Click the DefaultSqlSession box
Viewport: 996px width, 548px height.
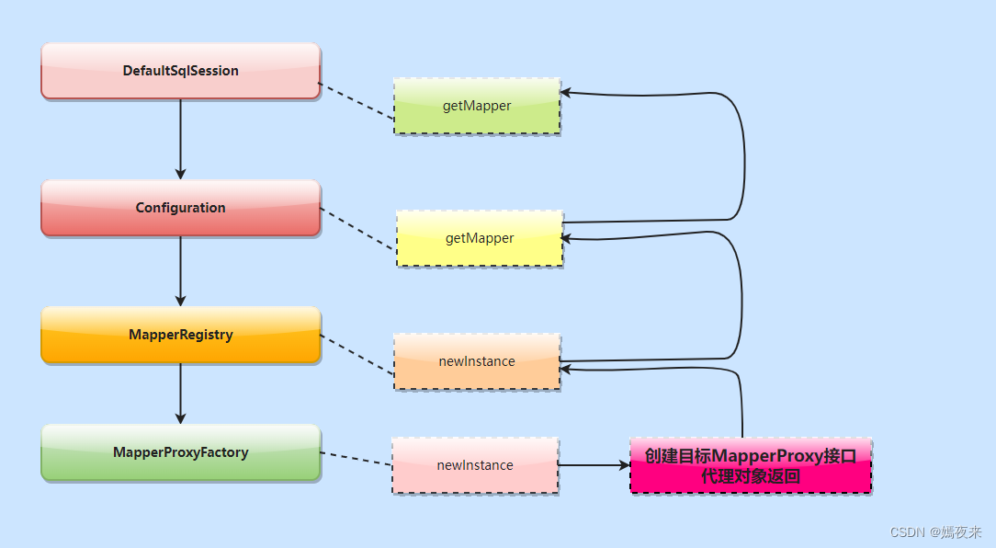[180, 71]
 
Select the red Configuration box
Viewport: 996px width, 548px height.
[180, 208]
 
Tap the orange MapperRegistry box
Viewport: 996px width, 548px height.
[180, 335]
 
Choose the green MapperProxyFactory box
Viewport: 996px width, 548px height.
[180, 452]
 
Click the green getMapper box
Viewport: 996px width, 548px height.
[477, 106]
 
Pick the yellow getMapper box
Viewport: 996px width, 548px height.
[480, 238]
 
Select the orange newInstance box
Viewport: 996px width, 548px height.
[477, 361]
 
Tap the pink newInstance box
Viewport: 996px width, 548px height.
[475, 465]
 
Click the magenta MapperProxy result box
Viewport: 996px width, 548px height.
[751, 466]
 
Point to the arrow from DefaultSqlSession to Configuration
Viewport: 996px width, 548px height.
[180, 138]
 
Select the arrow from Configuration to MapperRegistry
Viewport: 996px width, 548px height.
[180, 270]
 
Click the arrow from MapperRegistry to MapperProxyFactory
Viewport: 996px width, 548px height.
[180, 393]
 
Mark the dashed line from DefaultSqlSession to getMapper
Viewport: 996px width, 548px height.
[357, 101]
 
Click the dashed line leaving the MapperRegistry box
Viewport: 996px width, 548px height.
[357, 354]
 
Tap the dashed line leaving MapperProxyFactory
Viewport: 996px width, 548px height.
[356, 459]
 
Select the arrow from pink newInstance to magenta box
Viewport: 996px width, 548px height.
[594, 465]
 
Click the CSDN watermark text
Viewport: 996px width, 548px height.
[936, 531]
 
